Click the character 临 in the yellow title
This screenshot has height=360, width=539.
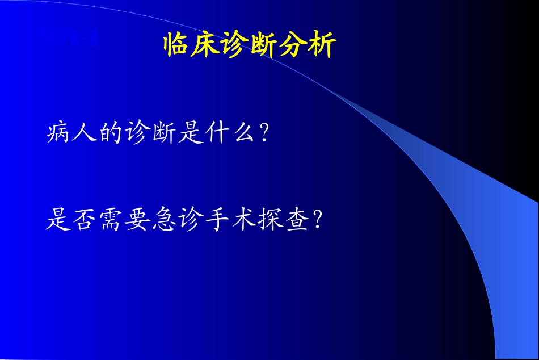pos(177,45)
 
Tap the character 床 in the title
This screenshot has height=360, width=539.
pos(206,45)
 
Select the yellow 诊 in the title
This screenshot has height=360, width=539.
pos(235,45)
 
